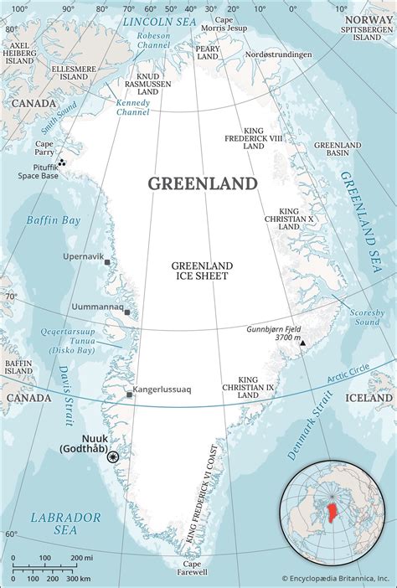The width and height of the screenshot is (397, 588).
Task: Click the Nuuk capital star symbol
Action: [x=113, y=456]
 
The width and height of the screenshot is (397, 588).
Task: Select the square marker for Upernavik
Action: [x=107, y=262]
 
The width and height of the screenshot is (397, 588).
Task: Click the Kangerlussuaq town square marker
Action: [x=129, y=394]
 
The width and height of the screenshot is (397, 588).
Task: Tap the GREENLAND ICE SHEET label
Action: [x=202, y=271]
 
